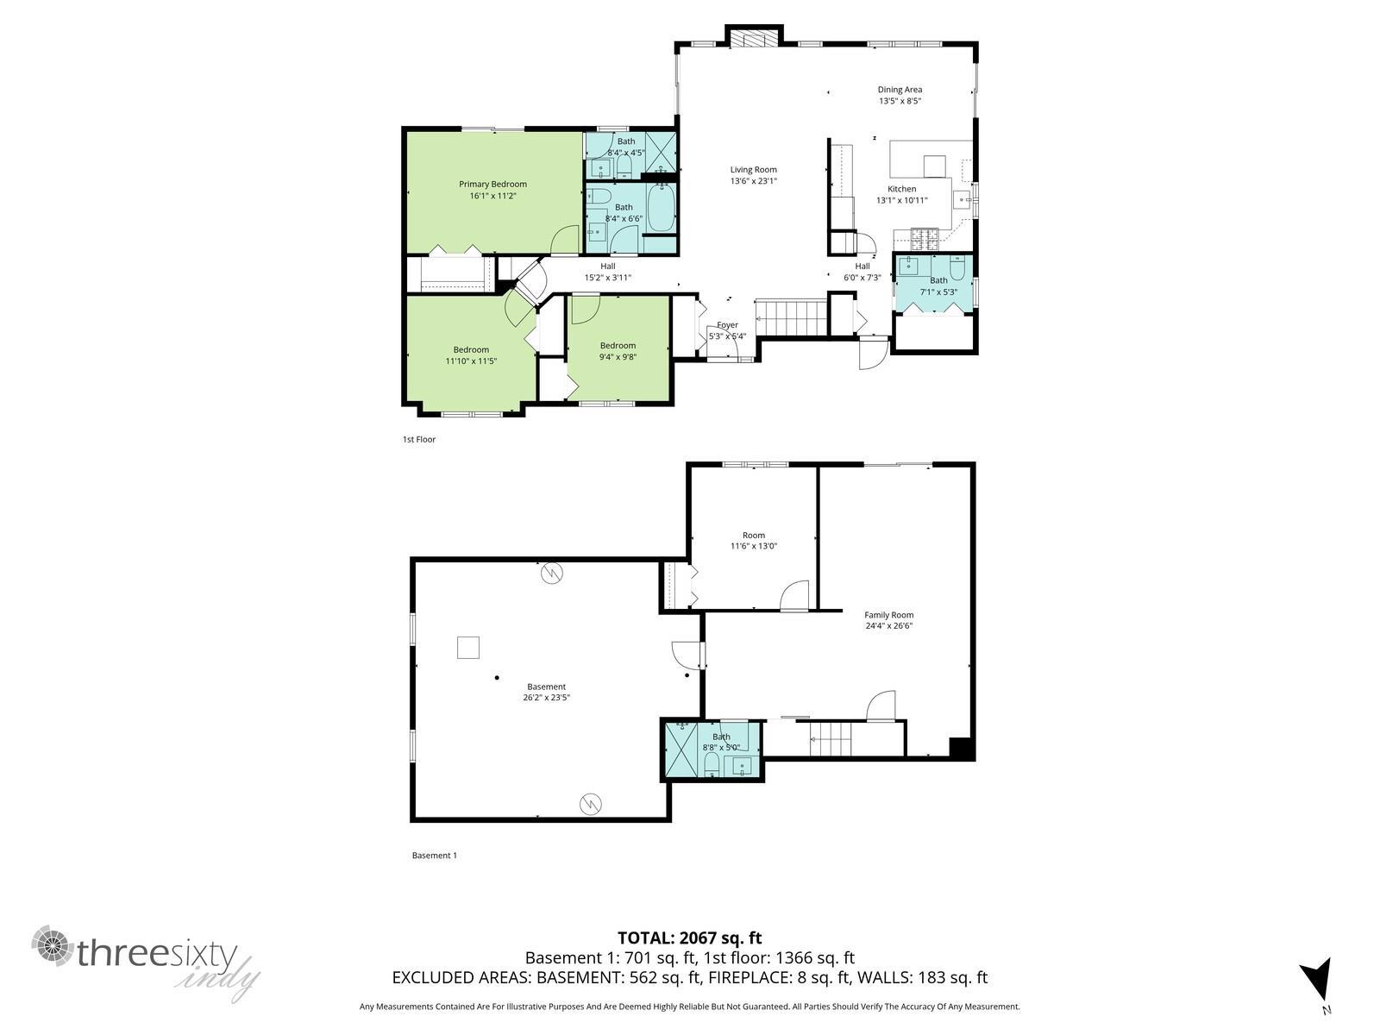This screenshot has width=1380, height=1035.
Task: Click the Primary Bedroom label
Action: (x=492, y=184)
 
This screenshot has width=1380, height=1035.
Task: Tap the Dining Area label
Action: (x=900, y=90)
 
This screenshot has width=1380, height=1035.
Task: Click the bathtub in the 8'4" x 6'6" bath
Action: (x=662, y=210)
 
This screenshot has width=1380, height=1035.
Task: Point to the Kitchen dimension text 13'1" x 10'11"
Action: (x=901, y=200)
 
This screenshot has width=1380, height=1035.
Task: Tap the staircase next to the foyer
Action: (x=791, y=317)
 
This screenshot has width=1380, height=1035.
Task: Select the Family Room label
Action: (x=888, y=615)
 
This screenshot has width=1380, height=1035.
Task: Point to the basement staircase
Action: (x=830, y=740)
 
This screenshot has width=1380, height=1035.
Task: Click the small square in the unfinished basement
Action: (x=468, y=647)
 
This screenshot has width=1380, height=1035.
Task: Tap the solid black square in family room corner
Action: (x=961, y=749)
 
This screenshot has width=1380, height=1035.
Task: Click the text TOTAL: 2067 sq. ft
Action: (x=689, y=938)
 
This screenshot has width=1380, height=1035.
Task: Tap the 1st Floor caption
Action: (x=419, y=440)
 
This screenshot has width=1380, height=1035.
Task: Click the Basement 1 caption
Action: (x=434, y=856)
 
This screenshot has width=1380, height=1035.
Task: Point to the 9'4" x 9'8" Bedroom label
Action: (x=618, y=346)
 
